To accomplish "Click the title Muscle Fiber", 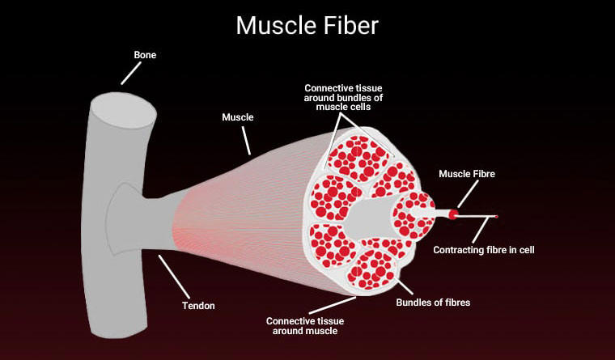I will click(x=307, y=24).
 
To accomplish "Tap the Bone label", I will click(x=145, y=55).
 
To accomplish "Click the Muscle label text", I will click(x=238, y=117).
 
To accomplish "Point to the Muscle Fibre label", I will click(x=466, y=173).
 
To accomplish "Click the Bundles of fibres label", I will click(x=433, y=303).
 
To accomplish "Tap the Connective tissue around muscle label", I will click(x=304, y=326).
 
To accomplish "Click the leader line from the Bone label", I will click(x=129, y=74).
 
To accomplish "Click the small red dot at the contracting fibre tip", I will click(x=496, y=217).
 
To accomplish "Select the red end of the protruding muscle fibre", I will click(x=455, y=214).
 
